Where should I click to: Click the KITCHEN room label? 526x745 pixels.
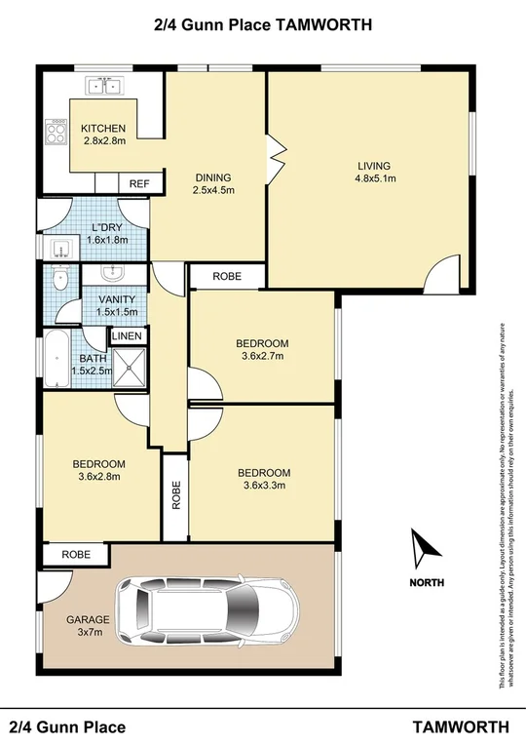coord(103,129)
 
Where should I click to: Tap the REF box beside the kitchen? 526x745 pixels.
coord(139,183)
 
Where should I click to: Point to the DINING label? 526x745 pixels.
coord(213,177)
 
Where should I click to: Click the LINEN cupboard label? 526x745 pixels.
coord(128,336)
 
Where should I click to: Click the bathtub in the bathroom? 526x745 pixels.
coord(56,359)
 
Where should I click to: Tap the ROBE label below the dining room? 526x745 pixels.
coord(227,277)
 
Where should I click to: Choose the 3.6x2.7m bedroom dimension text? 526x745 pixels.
coord(262,357)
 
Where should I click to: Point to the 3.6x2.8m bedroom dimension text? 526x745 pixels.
coord(99,477)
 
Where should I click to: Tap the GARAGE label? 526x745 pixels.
coord(89,619)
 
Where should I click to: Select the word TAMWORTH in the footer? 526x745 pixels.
coord(461,727)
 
